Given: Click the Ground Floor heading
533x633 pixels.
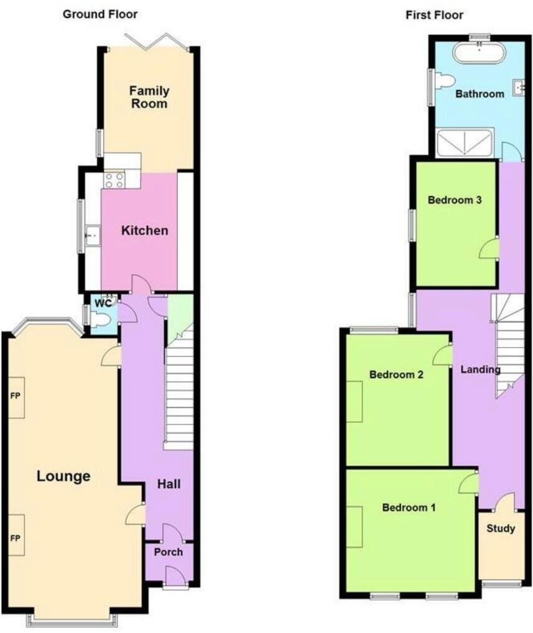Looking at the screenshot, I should (x=100, y=14).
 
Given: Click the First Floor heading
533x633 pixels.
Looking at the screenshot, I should (x=435, y=14).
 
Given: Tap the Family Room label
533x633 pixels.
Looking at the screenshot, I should (x=149, y=97).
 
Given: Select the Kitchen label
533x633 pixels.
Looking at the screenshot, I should (x=144, y=230).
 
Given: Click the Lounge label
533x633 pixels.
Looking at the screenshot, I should (x=63, y=476).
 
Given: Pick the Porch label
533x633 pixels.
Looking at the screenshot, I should (x=169, y=552).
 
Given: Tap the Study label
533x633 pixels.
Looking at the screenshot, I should (x=501, y=529).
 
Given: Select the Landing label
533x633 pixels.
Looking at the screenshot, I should (x=480, y=369).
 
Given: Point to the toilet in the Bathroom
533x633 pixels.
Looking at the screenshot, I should (x=445, y=80).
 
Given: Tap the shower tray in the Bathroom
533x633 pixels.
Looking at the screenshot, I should (x=465, y=142).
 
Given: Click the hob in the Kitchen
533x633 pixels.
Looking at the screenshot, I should (x=114, y=180).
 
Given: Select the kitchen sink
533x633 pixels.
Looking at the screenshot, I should (x=93, y=235).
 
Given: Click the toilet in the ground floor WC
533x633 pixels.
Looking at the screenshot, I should (x=101, y=320).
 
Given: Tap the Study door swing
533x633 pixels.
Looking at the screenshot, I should (x=506, y=502).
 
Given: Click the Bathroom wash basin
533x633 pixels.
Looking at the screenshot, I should (x=519, y=89).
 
